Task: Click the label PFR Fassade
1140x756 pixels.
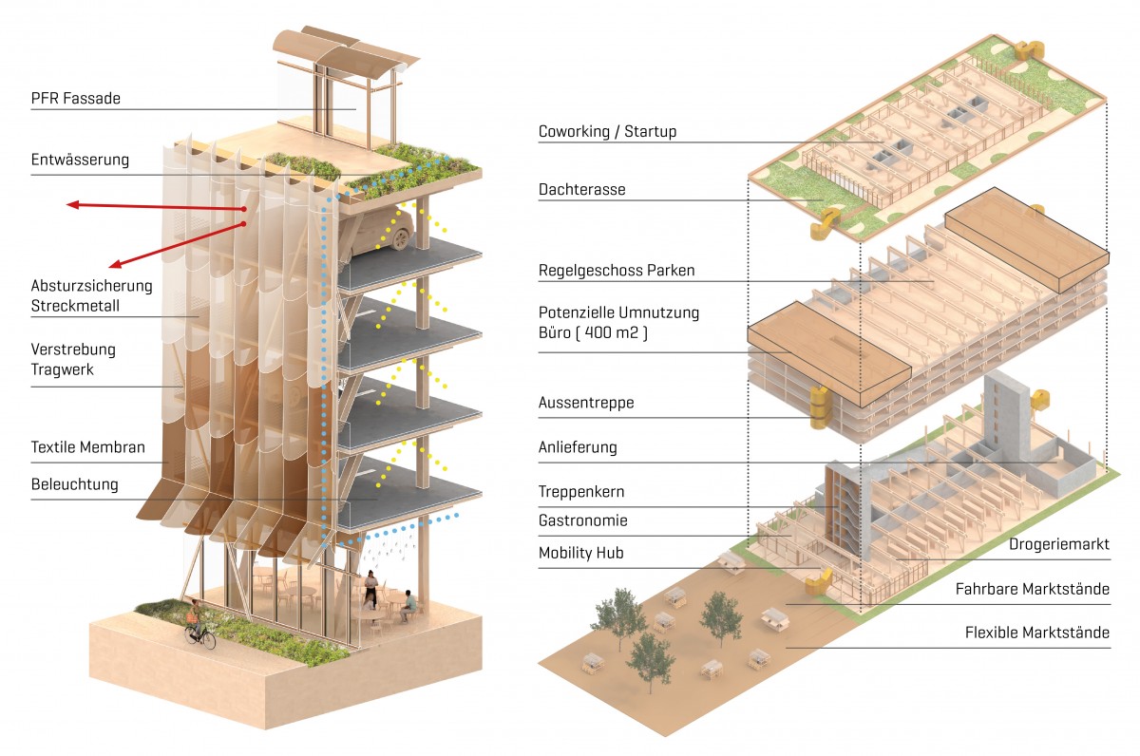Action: point(76,98)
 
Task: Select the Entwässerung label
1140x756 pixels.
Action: point(80,159)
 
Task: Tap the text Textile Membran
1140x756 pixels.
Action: point(88,447)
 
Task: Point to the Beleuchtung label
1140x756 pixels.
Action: point(75,484)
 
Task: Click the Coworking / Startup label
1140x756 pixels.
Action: point(607,131)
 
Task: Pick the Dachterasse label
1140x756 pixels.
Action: point(582,190)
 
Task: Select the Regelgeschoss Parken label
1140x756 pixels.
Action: point(617,271)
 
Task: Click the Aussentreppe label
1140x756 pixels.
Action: point(586,403)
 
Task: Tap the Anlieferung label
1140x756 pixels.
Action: point(578,447)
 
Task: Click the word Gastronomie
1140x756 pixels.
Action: point(583,520)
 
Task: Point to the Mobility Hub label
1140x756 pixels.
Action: point(581,553)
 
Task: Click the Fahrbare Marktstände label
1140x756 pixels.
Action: point(1033,590)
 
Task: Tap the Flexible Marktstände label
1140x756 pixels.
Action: point(1037,633)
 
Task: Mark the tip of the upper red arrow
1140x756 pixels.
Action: point(69,202)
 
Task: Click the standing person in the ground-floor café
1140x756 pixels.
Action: point(371,590)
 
